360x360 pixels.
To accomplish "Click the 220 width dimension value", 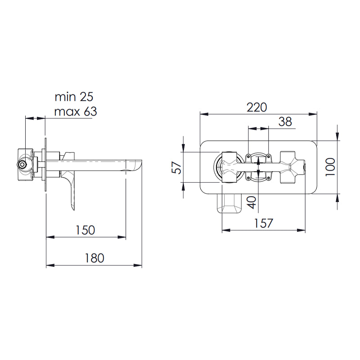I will (x=256, y=107).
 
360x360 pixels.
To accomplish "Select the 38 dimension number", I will (x=284, y=121).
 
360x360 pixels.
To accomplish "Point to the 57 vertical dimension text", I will (x=177, y=167).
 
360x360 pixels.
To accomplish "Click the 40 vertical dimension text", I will (x=252, y=201).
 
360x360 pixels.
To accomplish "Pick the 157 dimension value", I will (x=264, y=223).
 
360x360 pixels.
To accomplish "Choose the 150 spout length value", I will (x=85, y=229).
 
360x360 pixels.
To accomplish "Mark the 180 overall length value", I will (x=94, y=257).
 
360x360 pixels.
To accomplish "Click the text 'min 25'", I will (x=74, y=96).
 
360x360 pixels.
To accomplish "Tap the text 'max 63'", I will (x=75, y=111).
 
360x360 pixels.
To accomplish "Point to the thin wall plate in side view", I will (x=45, y=164).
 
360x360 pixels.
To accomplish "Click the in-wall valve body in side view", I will (x=25, y=164).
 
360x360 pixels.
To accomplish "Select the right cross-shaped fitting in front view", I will (x=291, y=167).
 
